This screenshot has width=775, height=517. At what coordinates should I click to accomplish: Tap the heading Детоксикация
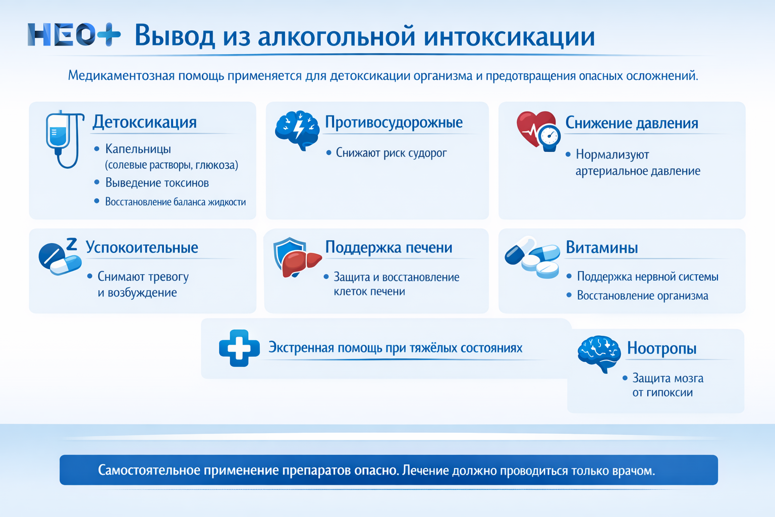click(x=144, y=122)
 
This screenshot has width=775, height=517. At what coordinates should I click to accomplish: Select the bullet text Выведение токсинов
click(x=157, y=183)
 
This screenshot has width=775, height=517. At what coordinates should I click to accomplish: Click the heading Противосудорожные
click(x=394, y=122)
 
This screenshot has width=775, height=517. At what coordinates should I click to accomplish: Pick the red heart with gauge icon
click(x=538, y=130)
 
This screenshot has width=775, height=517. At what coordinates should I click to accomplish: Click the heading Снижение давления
click(x=631, y=123)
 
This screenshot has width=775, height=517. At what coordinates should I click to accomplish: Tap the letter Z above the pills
click(x=72, y=244)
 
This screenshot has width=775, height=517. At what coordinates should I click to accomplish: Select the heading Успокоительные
click(x=142, y=247)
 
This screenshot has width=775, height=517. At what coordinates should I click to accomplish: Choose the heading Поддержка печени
click(x=389, y=247)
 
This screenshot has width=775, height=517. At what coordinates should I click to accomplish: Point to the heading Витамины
click(x=601, y=247)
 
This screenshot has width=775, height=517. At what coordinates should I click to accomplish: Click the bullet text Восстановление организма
click(x=642, y=296)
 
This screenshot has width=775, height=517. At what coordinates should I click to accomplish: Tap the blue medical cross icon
click(x=239, y=348)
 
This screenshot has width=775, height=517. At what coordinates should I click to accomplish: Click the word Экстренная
click(x=301, y=348)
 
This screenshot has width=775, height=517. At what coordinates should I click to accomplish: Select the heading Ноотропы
click(x=661, y=348)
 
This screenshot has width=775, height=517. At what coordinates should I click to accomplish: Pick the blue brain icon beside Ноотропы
click(x=599, y=353)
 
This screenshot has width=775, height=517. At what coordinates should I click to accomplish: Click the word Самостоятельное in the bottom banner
click(x=149, y=471)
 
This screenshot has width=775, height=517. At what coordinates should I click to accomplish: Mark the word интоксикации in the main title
click(x=509, y=36)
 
